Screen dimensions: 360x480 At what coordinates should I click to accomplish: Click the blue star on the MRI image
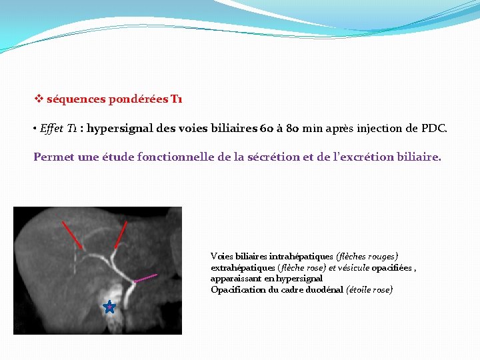[109, 307]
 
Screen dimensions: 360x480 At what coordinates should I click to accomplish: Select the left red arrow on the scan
[72, 235]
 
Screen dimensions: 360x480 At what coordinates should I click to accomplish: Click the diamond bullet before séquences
[39, 99]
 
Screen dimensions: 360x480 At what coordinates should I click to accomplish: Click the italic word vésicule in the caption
[355, 267]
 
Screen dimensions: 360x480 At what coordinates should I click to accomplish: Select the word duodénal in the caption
[325, 289]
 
